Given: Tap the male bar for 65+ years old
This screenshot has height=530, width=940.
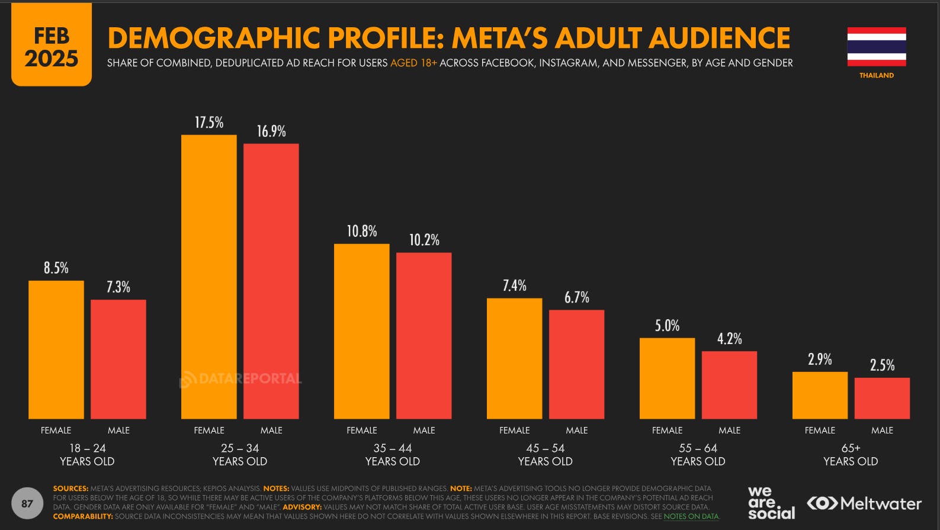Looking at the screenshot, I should (x=882, y=398).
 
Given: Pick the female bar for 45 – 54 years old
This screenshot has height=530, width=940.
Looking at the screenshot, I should (x=514, y=358).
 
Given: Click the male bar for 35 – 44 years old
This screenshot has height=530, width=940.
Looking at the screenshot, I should (x=424, y=335).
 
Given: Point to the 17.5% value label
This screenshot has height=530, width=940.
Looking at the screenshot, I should (x=209, y=123).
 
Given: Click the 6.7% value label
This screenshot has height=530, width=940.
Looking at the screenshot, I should (x=576, y=297).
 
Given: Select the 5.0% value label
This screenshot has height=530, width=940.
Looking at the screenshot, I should (x=667, y=326).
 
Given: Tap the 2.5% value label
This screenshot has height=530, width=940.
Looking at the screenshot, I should (x=882, y=365).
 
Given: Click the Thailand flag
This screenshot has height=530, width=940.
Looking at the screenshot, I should (x=876, y=47).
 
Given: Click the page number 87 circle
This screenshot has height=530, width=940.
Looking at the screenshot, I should (x=27, y=503).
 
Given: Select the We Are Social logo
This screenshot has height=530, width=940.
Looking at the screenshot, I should (x=771, y=503).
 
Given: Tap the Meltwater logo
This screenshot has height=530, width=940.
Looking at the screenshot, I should (x=864, y=503).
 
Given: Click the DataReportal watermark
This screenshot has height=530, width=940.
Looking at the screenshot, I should (x=240, y=378).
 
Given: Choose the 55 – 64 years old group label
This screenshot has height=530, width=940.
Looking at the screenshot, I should (x=698, y=454).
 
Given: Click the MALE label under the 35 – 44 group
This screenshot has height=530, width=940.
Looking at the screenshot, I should (x=424, y=431).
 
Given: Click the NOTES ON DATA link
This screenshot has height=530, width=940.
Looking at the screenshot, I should (x=691, y=516).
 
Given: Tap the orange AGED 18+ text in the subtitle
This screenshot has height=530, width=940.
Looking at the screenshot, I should (x=413, y=63).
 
